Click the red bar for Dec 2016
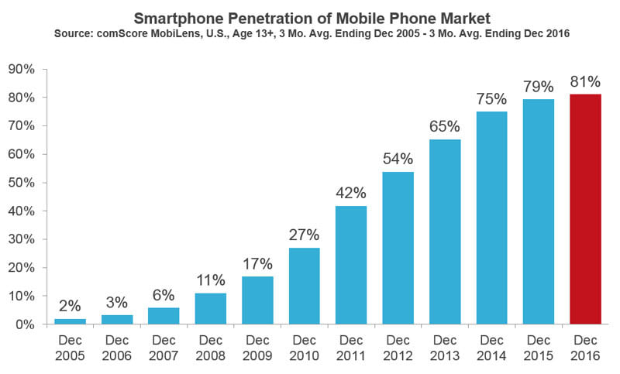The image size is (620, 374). pos(585,209)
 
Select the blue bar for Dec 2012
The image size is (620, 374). pos(398,248)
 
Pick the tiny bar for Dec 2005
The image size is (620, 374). pos(71,321)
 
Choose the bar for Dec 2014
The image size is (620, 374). pos(491,218)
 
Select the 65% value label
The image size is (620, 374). pos(445,125)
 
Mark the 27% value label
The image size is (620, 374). pos(304,233)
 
